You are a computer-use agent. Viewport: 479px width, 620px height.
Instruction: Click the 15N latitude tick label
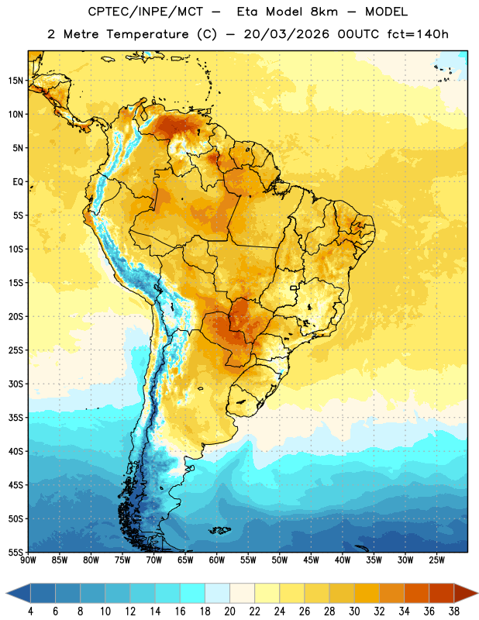(x=16, y=81)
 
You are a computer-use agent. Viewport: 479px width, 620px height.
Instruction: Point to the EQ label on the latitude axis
(x=18, y=182)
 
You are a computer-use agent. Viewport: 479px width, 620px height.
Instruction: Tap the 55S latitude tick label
(x=16, y=552)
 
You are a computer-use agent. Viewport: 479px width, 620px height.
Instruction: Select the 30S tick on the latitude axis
(x=16, y=384)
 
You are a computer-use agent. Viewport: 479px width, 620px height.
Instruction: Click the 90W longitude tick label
(x=28, y=560)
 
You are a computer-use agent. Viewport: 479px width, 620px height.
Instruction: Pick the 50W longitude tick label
(x=280, y=560)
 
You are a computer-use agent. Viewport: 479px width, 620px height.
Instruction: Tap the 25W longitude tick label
(x=436, y=560)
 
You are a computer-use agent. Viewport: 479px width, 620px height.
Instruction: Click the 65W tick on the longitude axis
(x=185, y=560)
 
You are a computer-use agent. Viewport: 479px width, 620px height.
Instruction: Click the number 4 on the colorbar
(x=30, y=611)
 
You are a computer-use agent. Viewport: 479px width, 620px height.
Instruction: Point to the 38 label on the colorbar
(x=454, y=611)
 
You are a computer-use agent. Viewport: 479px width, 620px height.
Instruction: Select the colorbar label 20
(x=229, y=611)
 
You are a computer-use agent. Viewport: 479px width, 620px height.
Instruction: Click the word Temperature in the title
(x=147, y=34)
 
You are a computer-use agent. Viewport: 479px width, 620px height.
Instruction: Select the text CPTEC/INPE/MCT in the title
(x=146, y=12)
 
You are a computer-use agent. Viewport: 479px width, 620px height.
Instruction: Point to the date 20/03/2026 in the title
(x=286, y=34)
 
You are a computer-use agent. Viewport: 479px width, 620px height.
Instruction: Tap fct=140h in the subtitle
(x=418, y=34)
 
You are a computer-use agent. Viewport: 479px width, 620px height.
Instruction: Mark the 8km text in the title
(x=324, y=12)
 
